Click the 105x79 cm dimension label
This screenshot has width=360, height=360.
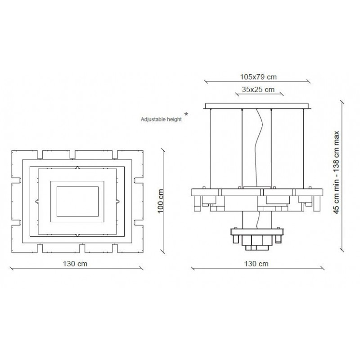(258, 77)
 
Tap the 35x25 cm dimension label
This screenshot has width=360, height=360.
(258, 90)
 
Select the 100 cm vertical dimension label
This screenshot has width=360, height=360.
(161, 201)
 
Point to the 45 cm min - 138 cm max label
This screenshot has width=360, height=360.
(336, 172)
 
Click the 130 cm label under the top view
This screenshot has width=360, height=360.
(75, 264)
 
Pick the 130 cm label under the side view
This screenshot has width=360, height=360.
(256, 264)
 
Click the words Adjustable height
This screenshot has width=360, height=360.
(161, 119)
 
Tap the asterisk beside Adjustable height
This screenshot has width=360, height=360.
(186, 114)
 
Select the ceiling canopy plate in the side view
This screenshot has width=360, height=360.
(256, 106)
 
